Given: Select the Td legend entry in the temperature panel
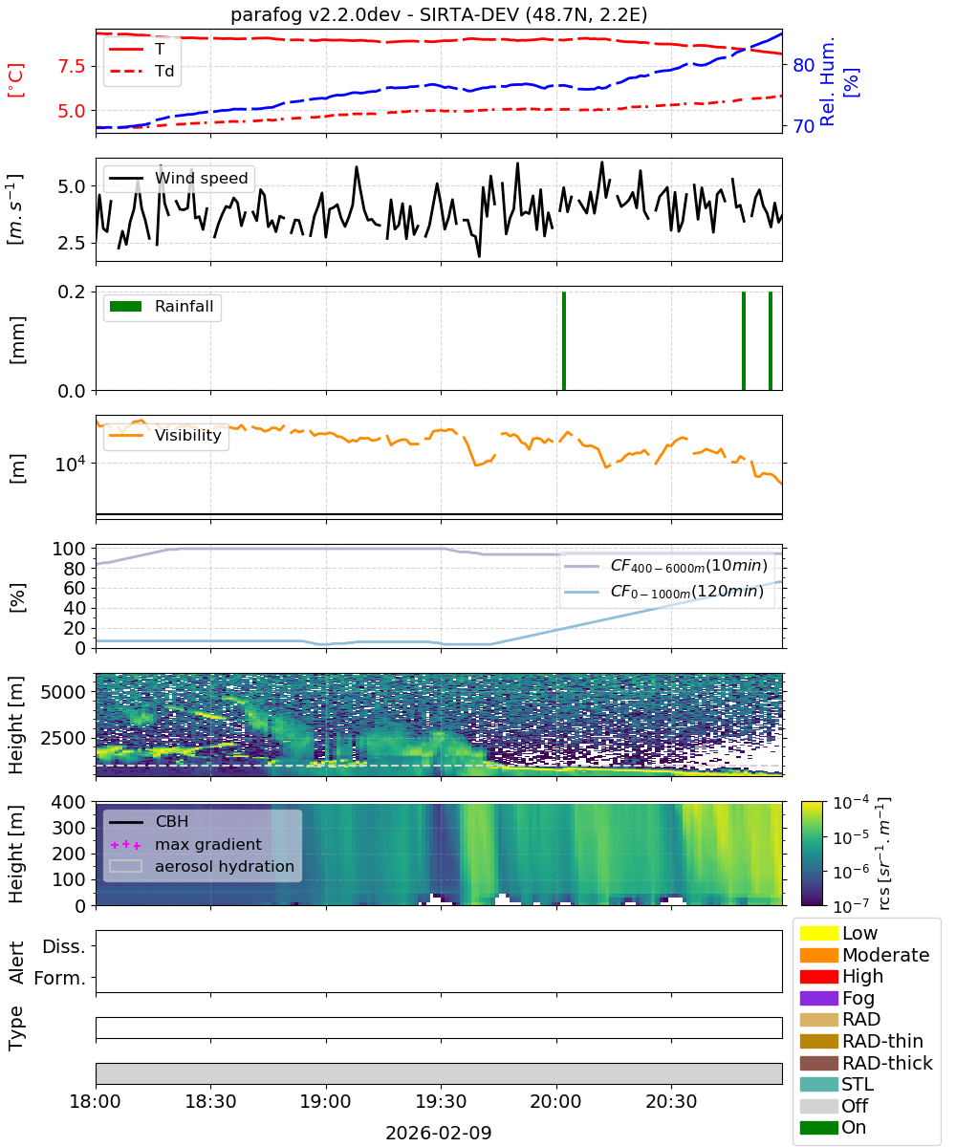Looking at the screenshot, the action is tap(141, 71).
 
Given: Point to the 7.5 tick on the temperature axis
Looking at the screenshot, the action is tap(72, 66).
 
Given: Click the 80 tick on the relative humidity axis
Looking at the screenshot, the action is tap(803, 65).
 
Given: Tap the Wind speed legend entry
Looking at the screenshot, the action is tap(179, 178).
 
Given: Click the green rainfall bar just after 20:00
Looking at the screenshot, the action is tap(564, 340).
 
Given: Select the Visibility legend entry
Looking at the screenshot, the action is tap(164, 435).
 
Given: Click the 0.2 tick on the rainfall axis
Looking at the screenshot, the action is tap(72, 292).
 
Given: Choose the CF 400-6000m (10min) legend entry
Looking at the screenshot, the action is tap(665, 565).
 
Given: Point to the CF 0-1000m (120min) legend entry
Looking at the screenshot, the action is tap(663, 592).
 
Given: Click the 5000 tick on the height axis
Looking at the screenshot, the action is tap(63, 692).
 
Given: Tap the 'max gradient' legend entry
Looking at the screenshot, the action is tap(185, 844).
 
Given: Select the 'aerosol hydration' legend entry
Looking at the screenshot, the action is tap(202, 866).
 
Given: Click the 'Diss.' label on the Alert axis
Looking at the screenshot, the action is tap(64, 946).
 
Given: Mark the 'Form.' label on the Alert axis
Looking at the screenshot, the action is tap(60, 978).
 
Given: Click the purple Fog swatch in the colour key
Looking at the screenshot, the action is tap(818, 997).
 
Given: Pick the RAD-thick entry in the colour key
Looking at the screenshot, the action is tap(866, 1062).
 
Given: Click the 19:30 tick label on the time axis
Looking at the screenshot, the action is tap(441, 1100).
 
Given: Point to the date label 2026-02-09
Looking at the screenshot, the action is tap(439, 1132).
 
